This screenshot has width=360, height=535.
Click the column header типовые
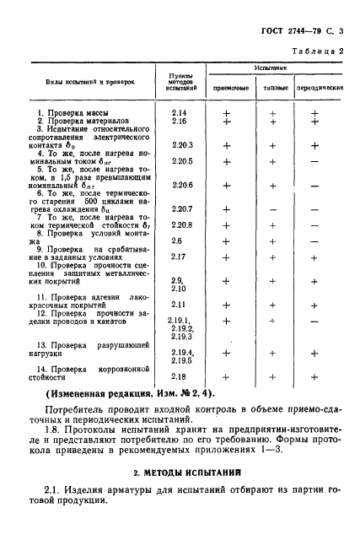click(271, 88)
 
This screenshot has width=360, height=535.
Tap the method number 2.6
click(176, 240)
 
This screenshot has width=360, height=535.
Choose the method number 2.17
click(178, 257)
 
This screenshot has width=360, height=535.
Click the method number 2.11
click(178, 304)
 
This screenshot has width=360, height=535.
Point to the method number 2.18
click(178, 376)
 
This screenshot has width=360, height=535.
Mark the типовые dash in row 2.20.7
click(271, 208)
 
